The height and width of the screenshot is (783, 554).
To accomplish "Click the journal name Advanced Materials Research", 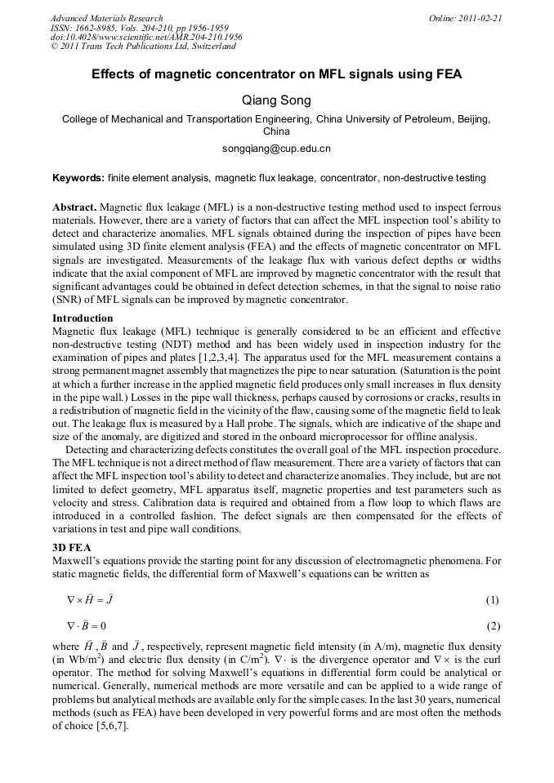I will (106, 18).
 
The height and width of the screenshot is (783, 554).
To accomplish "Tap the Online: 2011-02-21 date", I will (465, 18).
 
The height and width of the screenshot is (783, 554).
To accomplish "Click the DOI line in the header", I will (146, 38).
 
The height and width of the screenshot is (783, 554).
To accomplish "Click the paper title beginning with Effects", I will (276, 75).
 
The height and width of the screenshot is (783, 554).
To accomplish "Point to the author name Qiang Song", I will (276, 100).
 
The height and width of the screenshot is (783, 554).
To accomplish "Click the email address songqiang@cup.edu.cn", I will (276, 149).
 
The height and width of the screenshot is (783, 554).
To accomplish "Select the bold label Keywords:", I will (78, 178).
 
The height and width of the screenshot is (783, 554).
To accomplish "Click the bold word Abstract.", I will (75, 208).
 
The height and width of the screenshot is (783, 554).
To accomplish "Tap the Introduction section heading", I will (83, 318).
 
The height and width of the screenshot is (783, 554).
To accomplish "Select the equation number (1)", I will (492, 600).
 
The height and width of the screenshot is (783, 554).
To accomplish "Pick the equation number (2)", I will (492, 626).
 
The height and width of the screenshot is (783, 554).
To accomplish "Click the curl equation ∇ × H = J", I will (90, 600).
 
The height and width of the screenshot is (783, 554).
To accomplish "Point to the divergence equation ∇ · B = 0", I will (87, 626).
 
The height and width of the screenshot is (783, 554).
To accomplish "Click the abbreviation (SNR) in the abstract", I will (69, 300).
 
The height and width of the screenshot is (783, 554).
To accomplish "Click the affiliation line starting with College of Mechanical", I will (276, 119).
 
